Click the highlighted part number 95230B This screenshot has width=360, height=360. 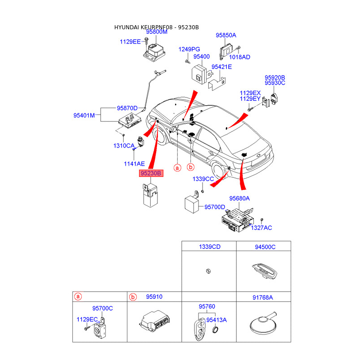[x=151, y=173]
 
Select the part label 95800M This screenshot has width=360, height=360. [x=157, y=31]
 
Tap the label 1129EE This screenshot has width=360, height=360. [x=130, y=41]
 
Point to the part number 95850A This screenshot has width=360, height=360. [x=226, y=35]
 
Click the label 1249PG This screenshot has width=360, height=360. [x=189, y=49]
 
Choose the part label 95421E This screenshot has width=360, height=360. [x=221, y=67]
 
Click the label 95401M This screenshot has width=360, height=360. [x=84, y=115]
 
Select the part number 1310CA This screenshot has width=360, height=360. [x=124, y=145]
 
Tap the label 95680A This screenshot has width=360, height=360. [x=239, y=198]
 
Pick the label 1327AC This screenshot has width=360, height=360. [x=261, y=228]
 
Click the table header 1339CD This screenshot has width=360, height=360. [x=210, y=247]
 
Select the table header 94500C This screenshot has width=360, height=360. [x=265, y=247]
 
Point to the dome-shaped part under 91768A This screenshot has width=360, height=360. [x=263, y=323]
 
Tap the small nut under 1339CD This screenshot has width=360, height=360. [x=208, y=271]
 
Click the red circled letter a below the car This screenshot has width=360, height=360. [x=177, y=168]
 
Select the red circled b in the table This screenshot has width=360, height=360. [x=133, y=297]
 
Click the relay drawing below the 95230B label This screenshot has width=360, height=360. [x=150, y=195]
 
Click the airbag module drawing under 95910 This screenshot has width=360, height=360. [x=154, y=321]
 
